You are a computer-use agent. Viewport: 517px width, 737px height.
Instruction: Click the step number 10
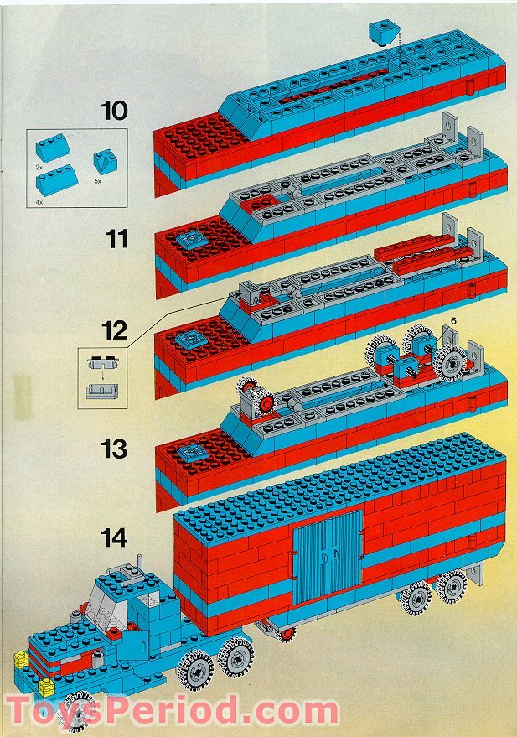coord(114,111)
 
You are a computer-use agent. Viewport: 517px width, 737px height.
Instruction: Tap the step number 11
coord(117,238)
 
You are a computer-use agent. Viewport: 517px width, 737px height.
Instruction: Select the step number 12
coord(114,330)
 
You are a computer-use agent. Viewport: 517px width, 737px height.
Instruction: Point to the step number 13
coord(114,449)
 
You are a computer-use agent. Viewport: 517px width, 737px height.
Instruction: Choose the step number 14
coord(114,537)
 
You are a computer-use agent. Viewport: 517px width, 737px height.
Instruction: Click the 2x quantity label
coord(39,168)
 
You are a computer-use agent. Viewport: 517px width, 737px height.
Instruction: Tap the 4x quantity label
coord(39,202)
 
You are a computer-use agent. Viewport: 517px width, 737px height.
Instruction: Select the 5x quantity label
coord(97,181)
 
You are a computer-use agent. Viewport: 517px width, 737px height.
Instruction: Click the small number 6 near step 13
coord(453,320)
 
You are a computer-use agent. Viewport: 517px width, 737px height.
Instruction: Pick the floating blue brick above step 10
coord(384,33)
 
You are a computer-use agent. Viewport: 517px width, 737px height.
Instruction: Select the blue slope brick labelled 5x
coord(106,162)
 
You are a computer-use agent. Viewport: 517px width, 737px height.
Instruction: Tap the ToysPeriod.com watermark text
coord(172,710)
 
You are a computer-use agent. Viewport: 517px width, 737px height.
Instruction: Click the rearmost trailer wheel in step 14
coord(452,587)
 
